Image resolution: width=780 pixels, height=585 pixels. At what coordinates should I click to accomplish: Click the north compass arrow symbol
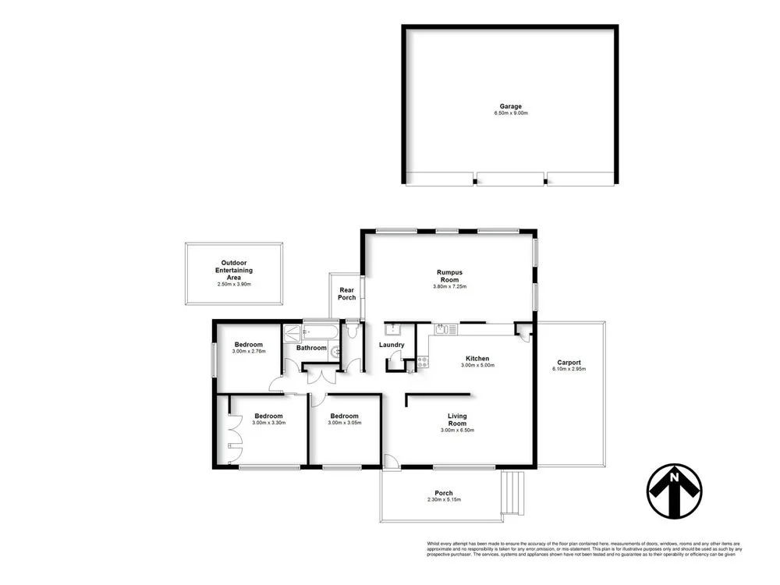pos(674,491)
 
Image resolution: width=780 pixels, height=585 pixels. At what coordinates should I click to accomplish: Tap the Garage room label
pos(511,107)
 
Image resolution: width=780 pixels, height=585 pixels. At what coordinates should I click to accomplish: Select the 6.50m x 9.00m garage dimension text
pos(511,114)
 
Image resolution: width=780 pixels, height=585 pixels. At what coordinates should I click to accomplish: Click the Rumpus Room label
pos(449,276)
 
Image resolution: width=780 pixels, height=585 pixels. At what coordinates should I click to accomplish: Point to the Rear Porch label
pos(346,294)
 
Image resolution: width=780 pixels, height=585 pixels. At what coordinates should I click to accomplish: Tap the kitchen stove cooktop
pos(423,361)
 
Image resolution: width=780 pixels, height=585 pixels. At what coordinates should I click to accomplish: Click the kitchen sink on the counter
pos(445,329)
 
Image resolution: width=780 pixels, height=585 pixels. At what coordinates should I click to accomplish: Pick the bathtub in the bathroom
pos(320,331)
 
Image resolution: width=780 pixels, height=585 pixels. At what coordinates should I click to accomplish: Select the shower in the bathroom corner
pos(292,331)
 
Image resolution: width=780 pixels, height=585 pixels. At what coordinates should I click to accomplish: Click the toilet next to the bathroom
pos(352,331)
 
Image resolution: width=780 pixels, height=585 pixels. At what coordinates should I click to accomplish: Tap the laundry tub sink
pos(394,328)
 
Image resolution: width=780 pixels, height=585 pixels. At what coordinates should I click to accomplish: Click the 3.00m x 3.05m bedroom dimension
pos(344,424)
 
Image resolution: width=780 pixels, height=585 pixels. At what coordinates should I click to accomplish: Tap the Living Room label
pos(457,420)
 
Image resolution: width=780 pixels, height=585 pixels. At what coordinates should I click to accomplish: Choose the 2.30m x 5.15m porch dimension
pos(440,500)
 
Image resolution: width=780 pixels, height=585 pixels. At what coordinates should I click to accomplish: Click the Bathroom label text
pos(311,348)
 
